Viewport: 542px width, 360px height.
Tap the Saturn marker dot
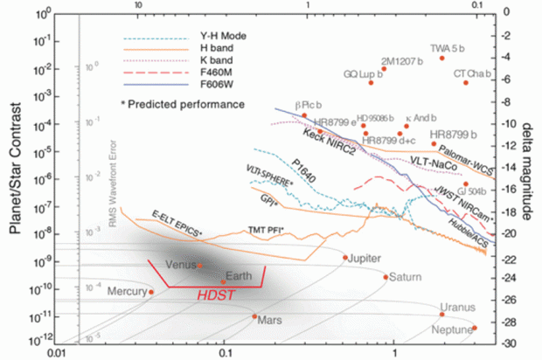[386, 277]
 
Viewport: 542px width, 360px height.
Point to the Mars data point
[254, 316]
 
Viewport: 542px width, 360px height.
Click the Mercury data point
[151, 292]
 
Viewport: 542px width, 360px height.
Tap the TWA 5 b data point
[442, 58]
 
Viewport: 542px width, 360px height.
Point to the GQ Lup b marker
[371, 82]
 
